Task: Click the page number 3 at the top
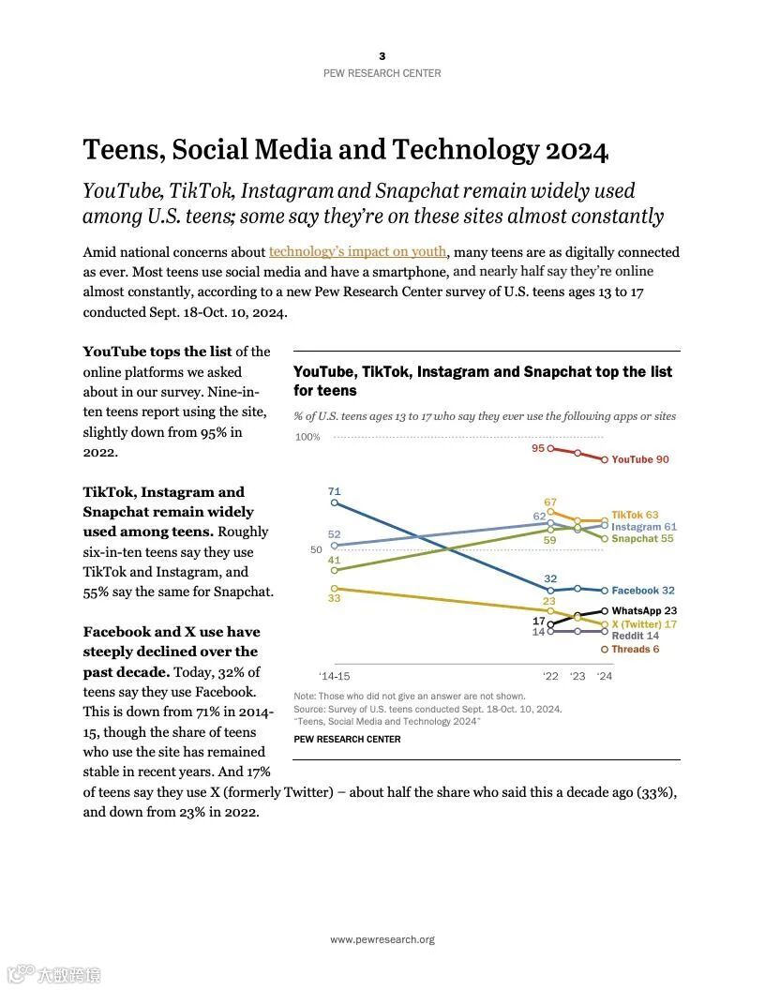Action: click(382, 56)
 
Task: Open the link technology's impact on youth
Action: click(358, 251)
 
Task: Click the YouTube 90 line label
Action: click(640, 459)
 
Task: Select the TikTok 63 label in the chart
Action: click(635, 515)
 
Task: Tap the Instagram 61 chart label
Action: click(644, 527)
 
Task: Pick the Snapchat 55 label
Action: click(642, 539)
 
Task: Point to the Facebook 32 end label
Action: click(643, 591)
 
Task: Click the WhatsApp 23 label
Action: click(644, 610)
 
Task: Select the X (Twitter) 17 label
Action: click(644, 623)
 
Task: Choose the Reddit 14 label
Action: click(635, 636)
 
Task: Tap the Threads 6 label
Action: click(636, 649)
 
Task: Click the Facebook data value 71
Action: click(335, 491)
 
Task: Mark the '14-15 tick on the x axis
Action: click(334, 676)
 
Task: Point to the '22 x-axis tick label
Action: click(550, 676)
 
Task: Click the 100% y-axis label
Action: click(307, 437)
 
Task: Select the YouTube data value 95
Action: click(538, 448)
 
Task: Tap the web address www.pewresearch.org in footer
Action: click(382, 939)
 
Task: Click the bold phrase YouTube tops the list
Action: click(157, 352)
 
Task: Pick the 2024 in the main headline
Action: click(577, 150)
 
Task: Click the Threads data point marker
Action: click(605, 649)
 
